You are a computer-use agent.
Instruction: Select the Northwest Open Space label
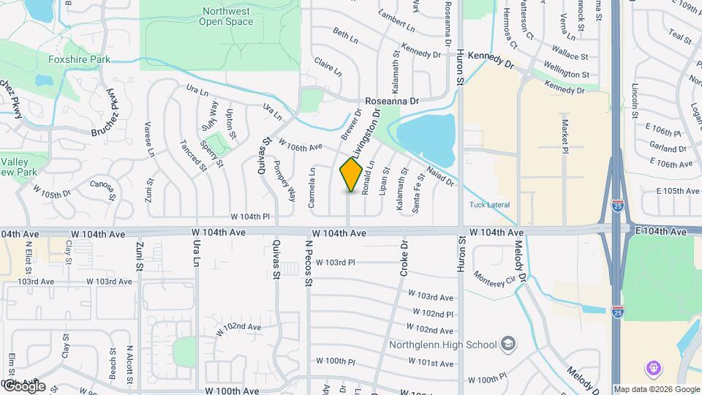(x=226, y=16)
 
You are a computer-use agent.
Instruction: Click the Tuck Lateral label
(x=489, y=205)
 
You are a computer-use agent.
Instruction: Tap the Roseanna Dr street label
(x=393, y=102)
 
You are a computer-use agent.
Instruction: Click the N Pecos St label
(x=309, y=262)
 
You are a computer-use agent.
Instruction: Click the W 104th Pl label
(x=251, y=217)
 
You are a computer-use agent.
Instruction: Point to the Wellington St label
(x=565, y=75)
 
